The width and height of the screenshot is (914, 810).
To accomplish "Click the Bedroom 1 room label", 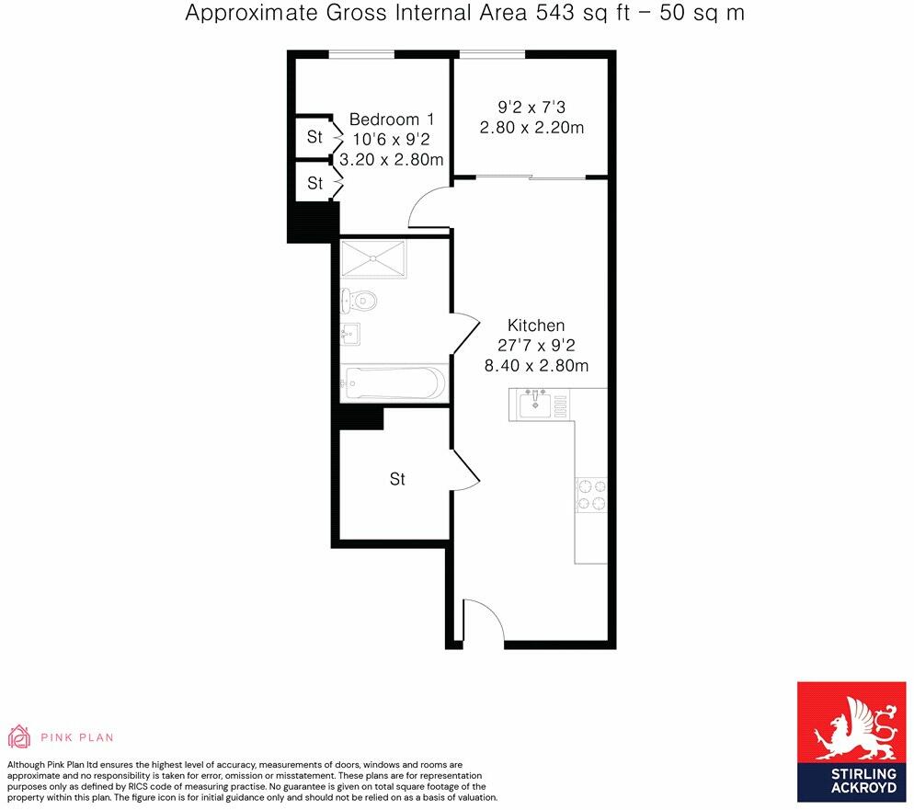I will [x=391, y=120].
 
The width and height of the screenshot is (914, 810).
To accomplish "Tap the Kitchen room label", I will [x=536, y=325].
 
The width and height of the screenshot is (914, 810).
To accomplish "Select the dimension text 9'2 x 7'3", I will [x=531, y=108].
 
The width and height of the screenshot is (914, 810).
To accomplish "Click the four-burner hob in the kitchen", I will [x=590, y=495].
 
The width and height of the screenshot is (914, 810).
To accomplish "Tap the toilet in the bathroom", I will [x=357, y=300].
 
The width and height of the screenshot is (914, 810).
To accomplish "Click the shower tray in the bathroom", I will [x=372, y=258].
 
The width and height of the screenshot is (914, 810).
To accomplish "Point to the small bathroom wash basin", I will [x=351, y=333].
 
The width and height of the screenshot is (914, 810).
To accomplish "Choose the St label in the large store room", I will [x=397, y=479].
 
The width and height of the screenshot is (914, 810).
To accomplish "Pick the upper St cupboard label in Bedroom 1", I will [x=315, y=137].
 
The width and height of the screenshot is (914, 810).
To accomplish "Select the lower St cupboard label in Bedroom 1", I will [x=315, y=183].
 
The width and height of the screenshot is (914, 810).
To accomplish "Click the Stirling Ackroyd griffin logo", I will [x=851, y=726].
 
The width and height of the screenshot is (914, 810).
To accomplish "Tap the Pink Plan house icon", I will [x=18, y=736].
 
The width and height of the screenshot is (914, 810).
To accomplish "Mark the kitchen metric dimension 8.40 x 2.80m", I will [x=536, y=365].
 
